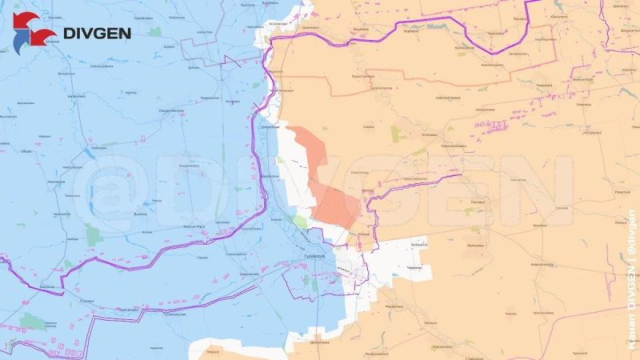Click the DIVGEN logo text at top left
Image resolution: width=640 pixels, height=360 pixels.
tap(98, 34)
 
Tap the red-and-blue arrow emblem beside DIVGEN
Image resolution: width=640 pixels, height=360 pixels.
tap(34, 30)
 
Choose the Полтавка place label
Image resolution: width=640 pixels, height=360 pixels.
tap(478, 202)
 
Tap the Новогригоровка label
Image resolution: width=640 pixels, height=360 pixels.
tap(449, 98)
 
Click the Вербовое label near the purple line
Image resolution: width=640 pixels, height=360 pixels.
tap(361, 30)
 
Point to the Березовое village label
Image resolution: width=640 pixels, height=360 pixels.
tap(412, 33)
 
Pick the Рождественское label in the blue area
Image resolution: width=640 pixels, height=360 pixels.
tap(172, 110)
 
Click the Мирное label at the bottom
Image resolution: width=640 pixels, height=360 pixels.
tap(213, 351)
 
